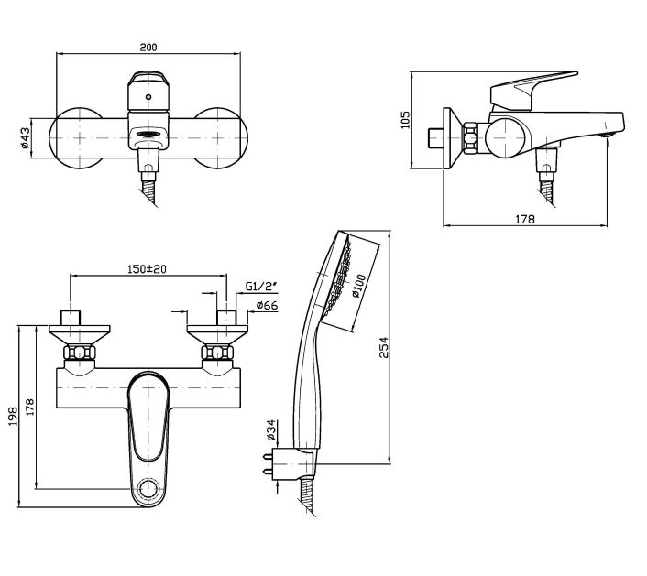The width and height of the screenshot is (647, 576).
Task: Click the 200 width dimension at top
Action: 148,46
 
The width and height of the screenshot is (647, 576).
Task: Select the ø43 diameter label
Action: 26,137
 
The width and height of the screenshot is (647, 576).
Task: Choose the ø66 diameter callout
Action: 267,305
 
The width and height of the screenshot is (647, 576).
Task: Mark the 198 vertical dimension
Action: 12,417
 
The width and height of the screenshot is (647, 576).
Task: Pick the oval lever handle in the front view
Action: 148,417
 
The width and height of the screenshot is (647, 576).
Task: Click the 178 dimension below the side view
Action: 524,218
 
